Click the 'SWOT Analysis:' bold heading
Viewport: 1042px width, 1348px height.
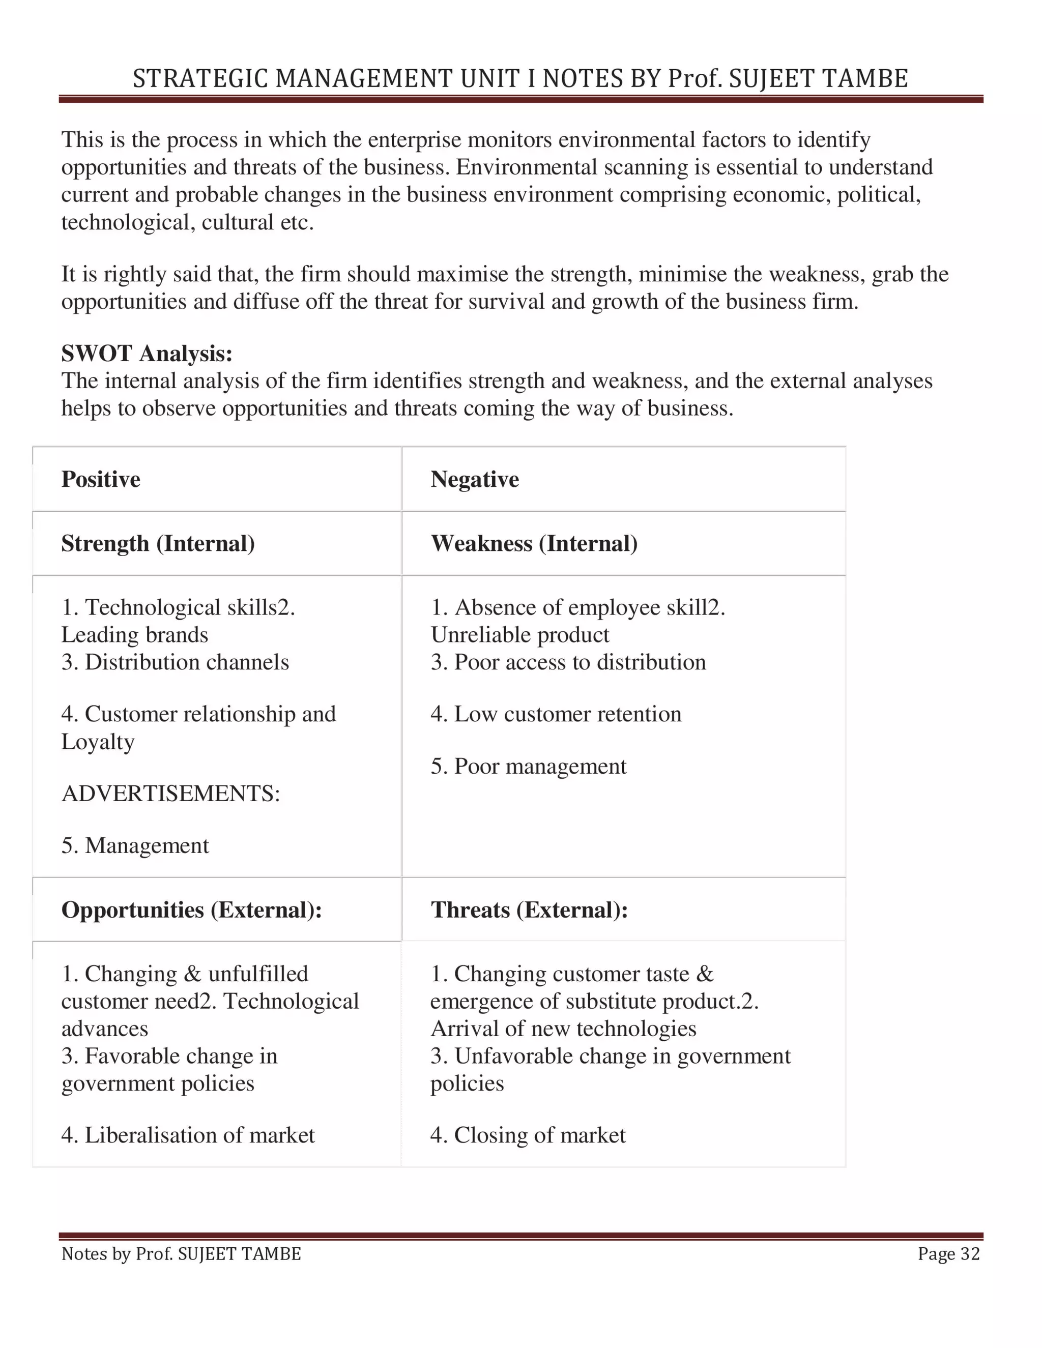pos(147,354)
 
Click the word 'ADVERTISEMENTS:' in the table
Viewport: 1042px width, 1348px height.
pos(171,794)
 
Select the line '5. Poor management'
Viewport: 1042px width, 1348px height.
pos(529,767)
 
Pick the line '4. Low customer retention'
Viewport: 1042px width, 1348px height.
pos(556,714)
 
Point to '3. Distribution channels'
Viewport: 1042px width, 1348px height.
pos(176,662)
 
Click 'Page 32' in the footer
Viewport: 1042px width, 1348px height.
pos(948,1254)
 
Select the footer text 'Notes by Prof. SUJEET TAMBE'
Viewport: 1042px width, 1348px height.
pos(181,1254)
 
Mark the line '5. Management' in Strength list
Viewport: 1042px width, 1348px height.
pos(135,845)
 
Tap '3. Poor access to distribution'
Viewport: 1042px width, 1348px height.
pos(568,662)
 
